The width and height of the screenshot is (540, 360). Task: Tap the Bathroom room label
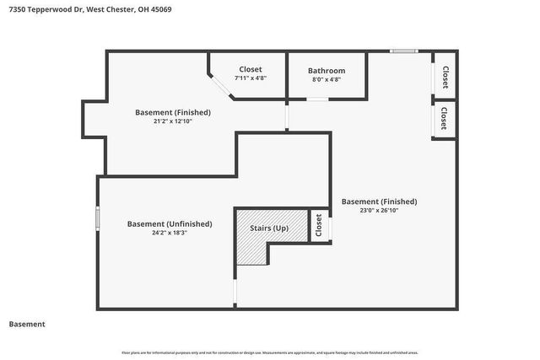click(326, 71)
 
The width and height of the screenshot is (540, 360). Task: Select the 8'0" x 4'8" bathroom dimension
click(326, 79)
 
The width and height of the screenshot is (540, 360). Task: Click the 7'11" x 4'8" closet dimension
click(251, 78)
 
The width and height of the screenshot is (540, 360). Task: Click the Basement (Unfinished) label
click(170, 223)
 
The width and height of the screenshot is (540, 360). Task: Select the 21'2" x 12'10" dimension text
click(173, 121)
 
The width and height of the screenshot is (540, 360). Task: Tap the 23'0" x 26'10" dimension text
click(379, 211)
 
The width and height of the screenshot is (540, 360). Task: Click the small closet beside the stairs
click(319, 225)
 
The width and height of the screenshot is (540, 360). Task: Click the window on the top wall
click(403, 51)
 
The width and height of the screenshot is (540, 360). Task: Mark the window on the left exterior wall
click(98, 217)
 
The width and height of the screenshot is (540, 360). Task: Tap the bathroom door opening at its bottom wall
click(317, 99)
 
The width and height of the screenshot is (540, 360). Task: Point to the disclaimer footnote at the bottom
click(270, 352)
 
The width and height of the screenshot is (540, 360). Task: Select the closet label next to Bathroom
click(251, 69)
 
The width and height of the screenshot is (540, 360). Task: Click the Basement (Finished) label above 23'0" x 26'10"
click(379, 201)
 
